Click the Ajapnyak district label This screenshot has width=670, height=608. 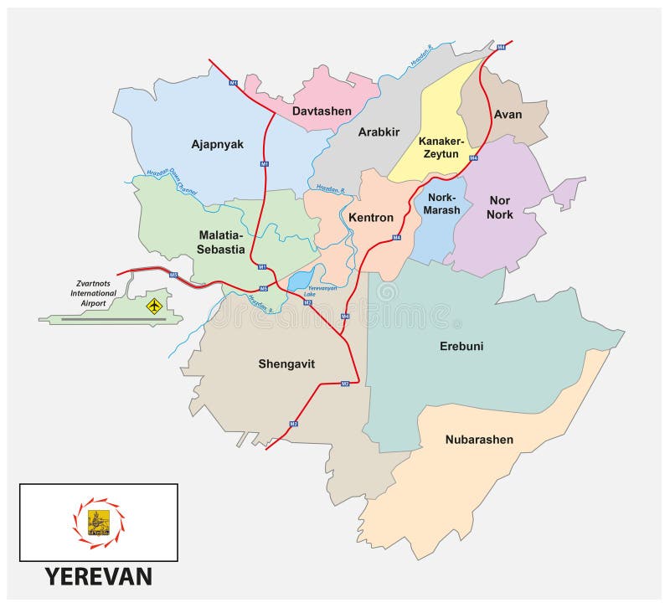point(217,144)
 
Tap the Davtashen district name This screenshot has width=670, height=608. point(322,111)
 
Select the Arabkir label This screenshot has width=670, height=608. point(379,131)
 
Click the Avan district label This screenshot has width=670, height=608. point(508,115)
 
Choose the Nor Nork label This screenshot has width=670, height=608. point(500,208)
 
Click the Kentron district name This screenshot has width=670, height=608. point(370,218)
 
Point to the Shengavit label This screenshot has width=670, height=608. point(287,363)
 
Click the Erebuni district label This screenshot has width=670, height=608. point(461,346)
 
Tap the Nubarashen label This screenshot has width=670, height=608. point(479,439)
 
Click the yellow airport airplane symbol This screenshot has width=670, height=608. point(153,307)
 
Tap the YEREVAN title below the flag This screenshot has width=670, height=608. point(98,577)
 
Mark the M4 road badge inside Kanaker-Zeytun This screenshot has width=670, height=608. point(473,157)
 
